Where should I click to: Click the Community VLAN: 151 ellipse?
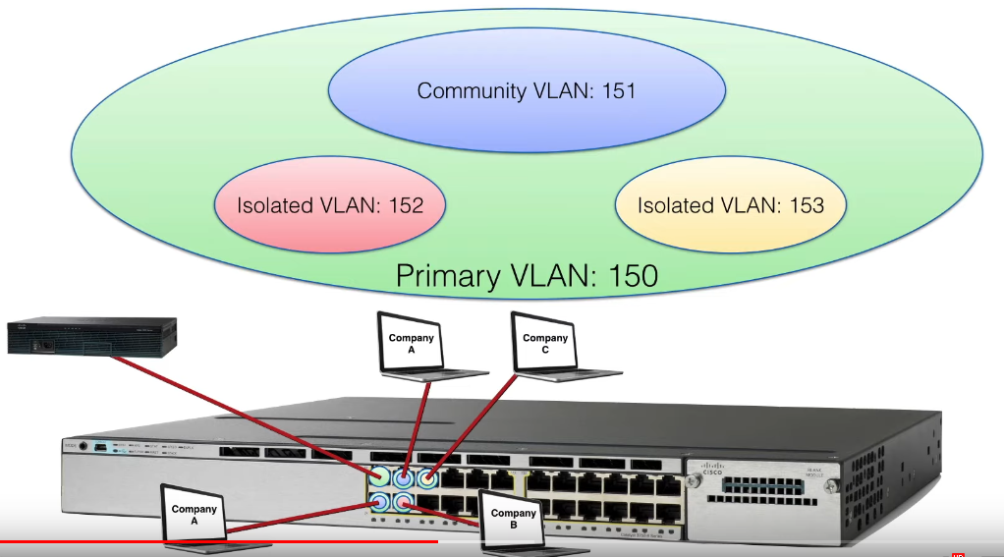pos(527,91)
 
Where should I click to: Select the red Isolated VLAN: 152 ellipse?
pos(329,205)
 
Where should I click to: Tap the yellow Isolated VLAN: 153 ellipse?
pos(730,205)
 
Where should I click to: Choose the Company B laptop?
pos(513,519)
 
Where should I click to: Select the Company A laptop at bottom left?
pos(194,514)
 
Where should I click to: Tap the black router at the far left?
pos(90,335)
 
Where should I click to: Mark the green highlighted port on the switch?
pos(379,477)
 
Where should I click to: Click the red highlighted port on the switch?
pos(403,503)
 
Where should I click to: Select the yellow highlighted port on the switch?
pos(427,478)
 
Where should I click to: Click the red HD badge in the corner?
pos(957,553)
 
